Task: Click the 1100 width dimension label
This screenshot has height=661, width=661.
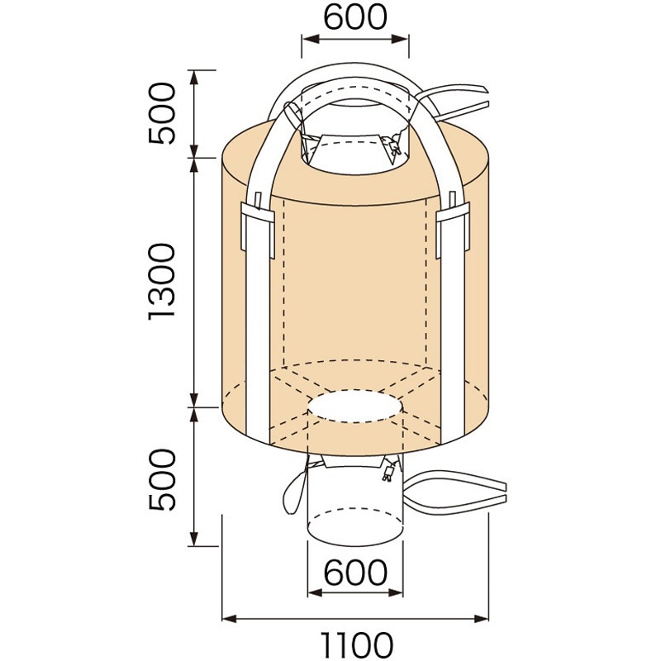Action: (x=355, y=643)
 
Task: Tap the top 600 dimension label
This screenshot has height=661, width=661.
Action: (x=355, y=17)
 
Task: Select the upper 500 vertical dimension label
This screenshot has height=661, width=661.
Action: (x=162, y=113)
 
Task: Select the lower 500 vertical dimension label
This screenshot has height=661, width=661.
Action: (x=162, y=478)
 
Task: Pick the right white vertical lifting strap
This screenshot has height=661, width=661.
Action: (x=454, y=314)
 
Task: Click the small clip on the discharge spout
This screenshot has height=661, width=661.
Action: (x=386, y=474)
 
